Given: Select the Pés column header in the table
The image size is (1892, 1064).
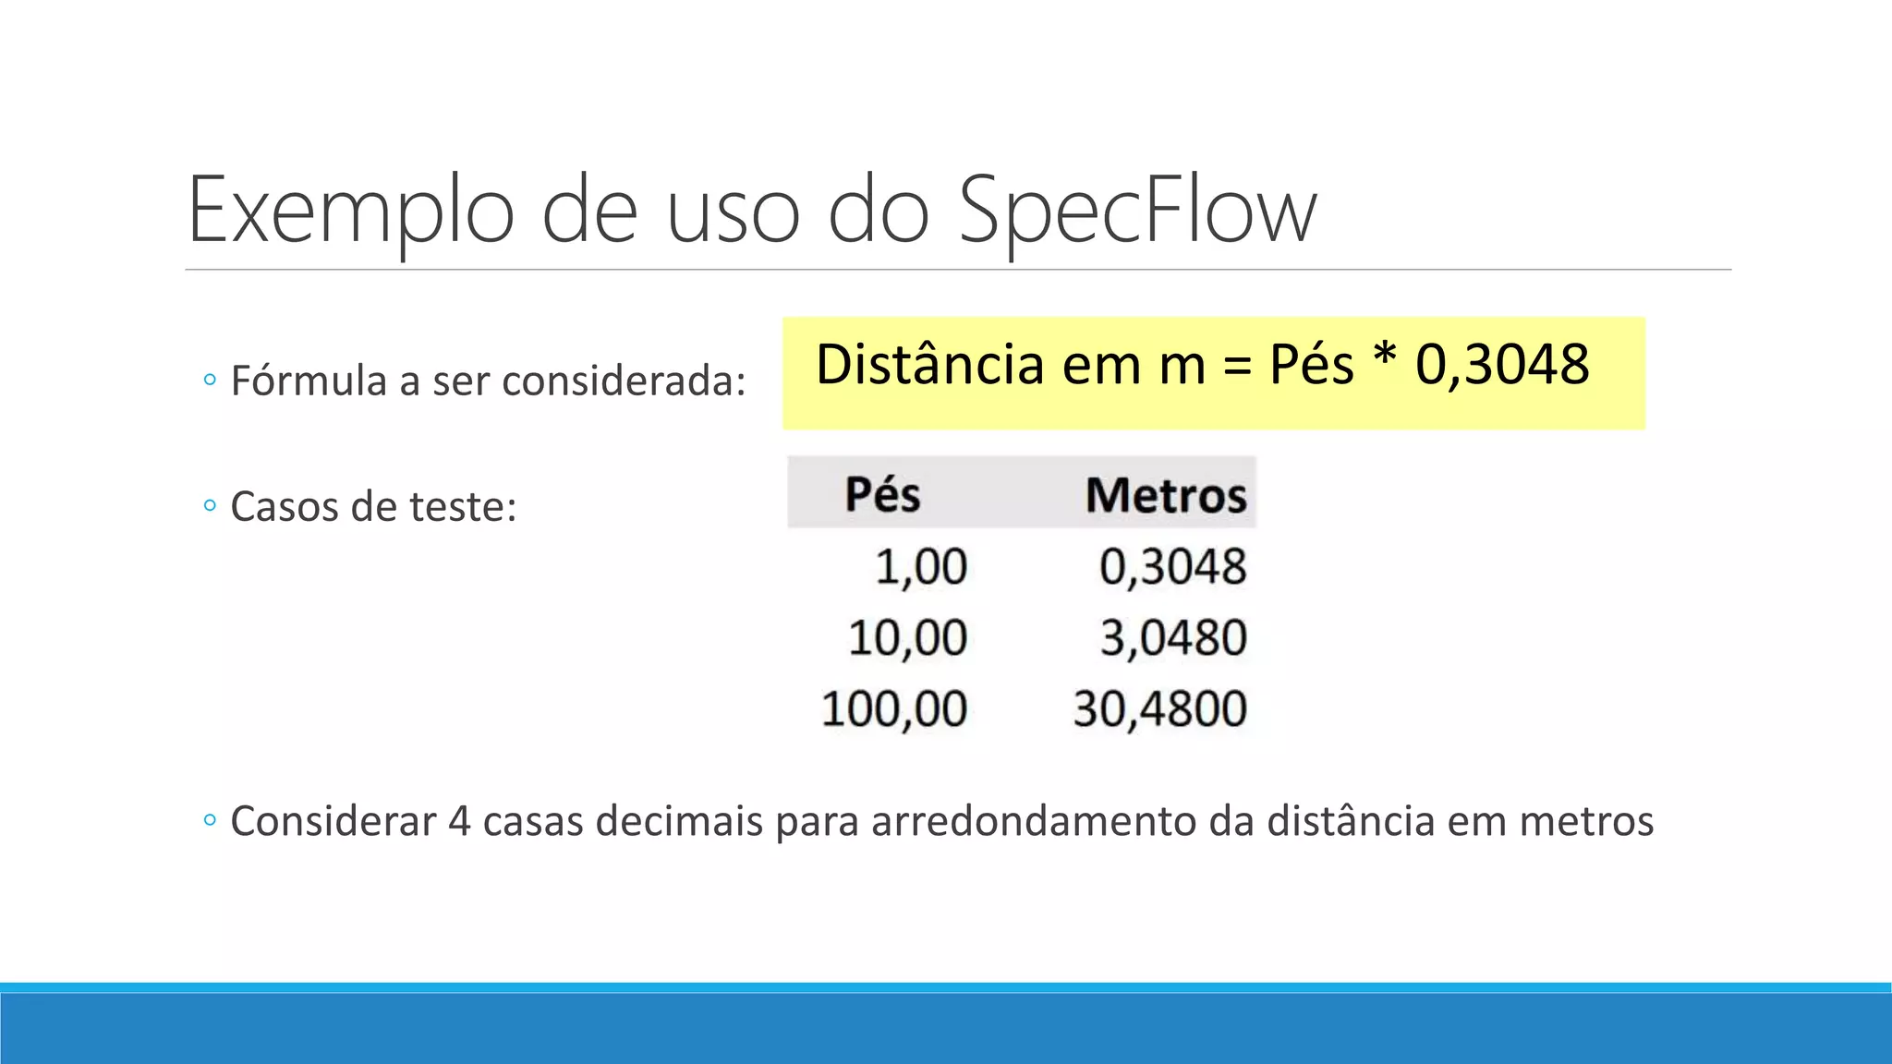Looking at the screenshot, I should pyautogui.click(x=882, y=494).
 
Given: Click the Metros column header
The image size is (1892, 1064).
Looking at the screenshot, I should pyautogui.click(x=1166, y=495).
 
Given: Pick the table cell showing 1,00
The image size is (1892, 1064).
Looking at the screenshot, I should pyautogui.click(x=921, y=566).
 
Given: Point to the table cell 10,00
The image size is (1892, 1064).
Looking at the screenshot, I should pyautogui.click(x=907, y=637).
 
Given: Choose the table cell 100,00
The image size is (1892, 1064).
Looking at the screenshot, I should pyautogui.click(x=894, y=709).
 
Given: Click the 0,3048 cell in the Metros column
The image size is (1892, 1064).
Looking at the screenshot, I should pyautogui.click(x=1172, y=566).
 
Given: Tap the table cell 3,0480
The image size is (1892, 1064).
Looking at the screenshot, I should pyautogui.click(x=1173, y=637).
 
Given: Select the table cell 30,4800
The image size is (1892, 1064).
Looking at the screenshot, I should pyautogui.click(x=1159, y=709).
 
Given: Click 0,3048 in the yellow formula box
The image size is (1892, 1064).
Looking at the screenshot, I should pyautogui.click(x=1502, y=364).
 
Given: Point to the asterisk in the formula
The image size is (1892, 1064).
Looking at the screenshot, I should pyautogui.click(x=1384, y=357).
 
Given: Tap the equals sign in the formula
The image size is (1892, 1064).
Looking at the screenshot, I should pyautogui.click(x=1237, y=367).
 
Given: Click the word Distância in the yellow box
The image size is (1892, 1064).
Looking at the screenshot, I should pyautogui.click(x=930, y=364).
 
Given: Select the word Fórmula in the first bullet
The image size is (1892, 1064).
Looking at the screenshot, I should pyautogui.click(x=309, y=381).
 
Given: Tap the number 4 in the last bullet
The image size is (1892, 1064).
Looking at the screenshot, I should pyautogui.click(x=459, y=821).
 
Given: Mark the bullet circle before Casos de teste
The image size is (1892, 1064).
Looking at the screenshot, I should pyautogui.click(x=210, y=506).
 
